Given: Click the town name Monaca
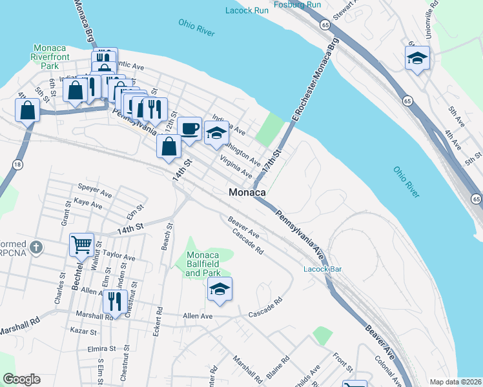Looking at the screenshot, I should tap(248, 193).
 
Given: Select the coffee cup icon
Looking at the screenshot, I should tap(189, 128).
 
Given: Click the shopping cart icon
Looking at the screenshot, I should tap(81, 244).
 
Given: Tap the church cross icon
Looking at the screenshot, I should tap(37, 247).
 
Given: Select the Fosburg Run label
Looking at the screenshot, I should tap(297, 5).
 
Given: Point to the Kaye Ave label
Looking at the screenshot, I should tap(88, 204).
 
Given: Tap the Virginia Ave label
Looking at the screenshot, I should tap(236, 166).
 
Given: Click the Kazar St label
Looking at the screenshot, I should tap(84, 332).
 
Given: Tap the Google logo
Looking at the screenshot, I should tap(21, 379).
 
